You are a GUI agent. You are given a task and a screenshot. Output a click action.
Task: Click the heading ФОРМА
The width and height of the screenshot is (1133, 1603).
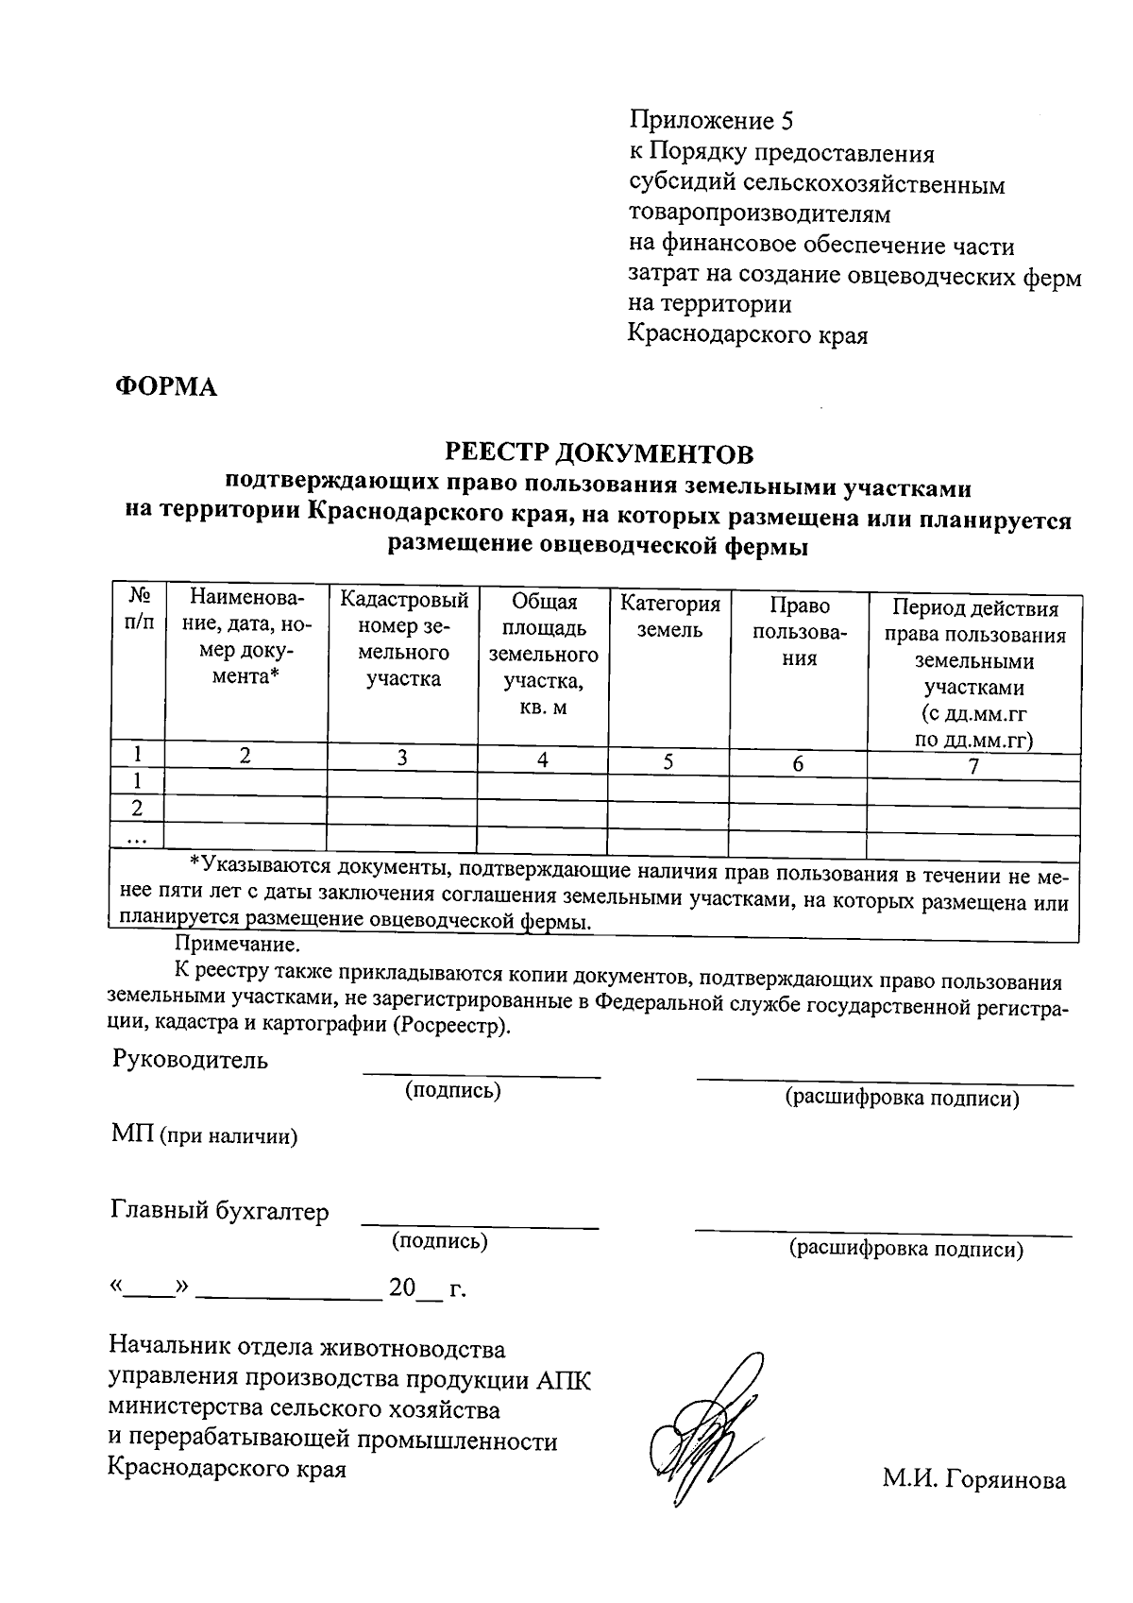pyautogui.click(x=166, y=387)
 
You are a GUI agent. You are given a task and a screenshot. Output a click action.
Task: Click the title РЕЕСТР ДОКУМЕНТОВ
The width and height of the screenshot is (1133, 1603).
pyautogui.click(x=600, y=454)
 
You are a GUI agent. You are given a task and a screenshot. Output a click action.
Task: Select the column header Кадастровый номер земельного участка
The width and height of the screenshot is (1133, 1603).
pyautogui.click(x=403, y=639)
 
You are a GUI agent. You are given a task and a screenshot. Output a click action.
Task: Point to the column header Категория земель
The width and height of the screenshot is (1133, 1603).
pyautogui.click(x=669, y=617)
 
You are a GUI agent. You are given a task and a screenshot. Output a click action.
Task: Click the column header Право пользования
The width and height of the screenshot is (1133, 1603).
pyautogui.click(x=799, y=631)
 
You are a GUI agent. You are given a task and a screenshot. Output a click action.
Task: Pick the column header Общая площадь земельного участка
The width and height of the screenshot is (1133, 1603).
pyautogui.click(x=543, y=654)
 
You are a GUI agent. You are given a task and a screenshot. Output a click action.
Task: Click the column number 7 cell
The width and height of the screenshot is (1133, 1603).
pyautogui.click(x=973, y=766)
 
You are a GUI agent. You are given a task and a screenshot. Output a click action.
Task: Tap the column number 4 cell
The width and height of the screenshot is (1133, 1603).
pyautogui.click(x=543, y=759)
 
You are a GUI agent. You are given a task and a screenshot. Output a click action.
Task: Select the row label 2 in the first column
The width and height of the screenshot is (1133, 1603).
pyautogui.click(x=138, y=809)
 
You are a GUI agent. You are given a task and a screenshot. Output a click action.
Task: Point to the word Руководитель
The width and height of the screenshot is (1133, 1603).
pyautogui.click(x=190, y=1060)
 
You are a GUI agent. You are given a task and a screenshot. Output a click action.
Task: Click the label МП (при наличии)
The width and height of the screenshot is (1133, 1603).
pyautogui.click(x=205, y=1135)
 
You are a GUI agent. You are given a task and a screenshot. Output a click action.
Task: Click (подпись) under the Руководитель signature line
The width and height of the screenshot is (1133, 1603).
pyautogui.click(x=453, y=1090)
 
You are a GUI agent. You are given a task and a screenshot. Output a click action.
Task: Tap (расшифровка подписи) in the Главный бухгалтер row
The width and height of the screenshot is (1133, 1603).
pyautogui.click(x=905, y=1249)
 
